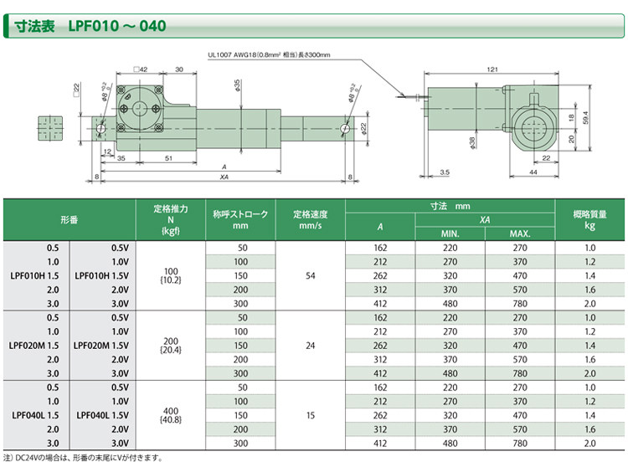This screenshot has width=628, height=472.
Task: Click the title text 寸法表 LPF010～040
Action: (x=90, y=26)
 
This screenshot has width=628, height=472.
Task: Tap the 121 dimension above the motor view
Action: (x=492, y=69)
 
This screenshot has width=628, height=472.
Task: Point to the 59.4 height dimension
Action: (x=585, y=118)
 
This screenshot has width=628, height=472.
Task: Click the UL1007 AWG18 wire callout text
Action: (x=269, y=55)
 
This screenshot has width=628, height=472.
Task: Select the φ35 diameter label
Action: (x=237, y=85)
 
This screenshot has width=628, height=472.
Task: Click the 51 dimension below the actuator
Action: (x=168, y=158)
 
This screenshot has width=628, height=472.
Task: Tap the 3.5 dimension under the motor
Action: (x=445, y=172)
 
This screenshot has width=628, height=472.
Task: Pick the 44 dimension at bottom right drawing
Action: (x=533, y=172)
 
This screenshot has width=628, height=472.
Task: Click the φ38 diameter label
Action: (x=471, y=143)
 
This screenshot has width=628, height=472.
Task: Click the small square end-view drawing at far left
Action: (x=50, y=129)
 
